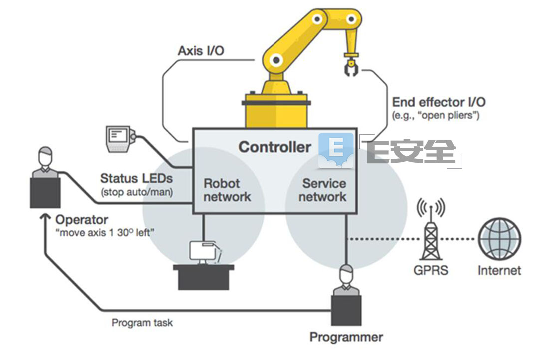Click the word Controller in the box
pyautogui.click(x=274, y=147)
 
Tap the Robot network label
pyautogui.click(x=227, y=190)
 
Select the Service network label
pyautogui.click(x=322, y=190)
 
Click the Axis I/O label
pyautogui.click(x=201, y=51)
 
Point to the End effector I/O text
pyautogui.click(x=439, y=102)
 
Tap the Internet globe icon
pyautogui.click(x=499, y=239)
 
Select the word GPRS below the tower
pyautogui.click(x=431, y=270)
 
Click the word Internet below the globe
pyautogui.click(x=499, y=270)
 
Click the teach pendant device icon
pyautogui.click(x=120, y=139)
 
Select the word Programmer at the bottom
pyautogui.click(x=346, y=337)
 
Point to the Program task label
pyautogui.click(x=142, y=323)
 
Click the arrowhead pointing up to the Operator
pyautogui.click(x=45, y=218)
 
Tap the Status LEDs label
pyautogui.click(x=137, y=178)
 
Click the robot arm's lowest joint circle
pyautogui.click(x=276, y=60)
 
